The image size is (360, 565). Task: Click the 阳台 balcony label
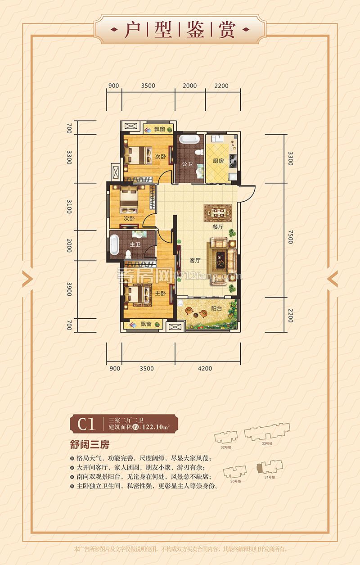coord(216,309)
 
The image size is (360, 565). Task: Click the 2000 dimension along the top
coord(190,86)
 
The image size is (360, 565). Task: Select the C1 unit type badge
coord(86,424)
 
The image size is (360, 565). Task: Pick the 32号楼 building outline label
coord(225,447)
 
